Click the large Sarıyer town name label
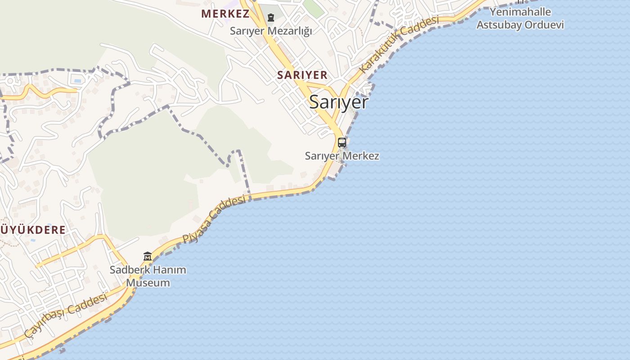(x=338, y=102)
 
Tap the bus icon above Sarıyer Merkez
(x=342, y=143)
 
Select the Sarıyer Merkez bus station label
(x=342, y=156)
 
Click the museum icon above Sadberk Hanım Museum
(x=148, y=256)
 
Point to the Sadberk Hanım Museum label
(x=148, y=276)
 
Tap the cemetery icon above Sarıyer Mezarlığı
(x=271, y=18)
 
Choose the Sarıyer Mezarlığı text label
(x=271, y=31)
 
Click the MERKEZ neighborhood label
(x=225, y=14)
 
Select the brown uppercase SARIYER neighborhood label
(x=302, y=75)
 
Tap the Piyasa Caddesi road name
(x=214, y=219)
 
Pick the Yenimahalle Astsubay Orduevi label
(x=520, y=18)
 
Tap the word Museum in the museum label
(x=148, y=283)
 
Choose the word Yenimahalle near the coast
(x=520, y=12)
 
